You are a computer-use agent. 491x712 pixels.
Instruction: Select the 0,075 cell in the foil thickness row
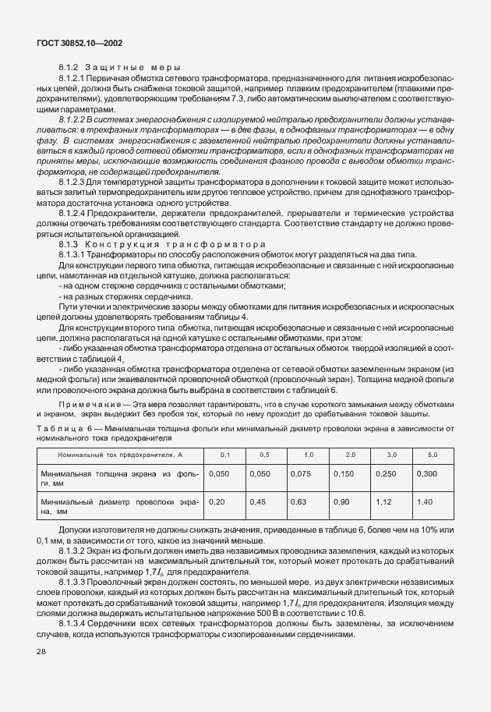click(x=300, y=473)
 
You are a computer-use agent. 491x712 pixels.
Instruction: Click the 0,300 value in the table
click(x=426, y=473)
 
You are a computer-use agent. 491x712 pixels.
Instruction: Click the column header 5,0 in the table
click(x=432, y=454)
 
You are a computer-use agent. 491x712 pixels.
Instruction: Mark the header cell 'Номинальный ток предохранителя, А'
click(x=116, y=454)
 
